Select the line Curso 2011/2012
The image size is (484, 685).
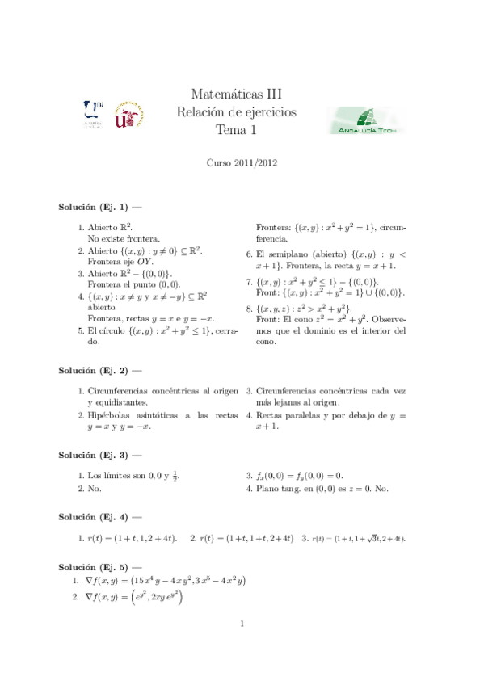[242, 162]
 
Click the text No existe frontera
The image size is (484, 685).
[124, 239]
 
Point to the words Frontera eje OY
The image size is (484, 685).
[123, 262]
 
